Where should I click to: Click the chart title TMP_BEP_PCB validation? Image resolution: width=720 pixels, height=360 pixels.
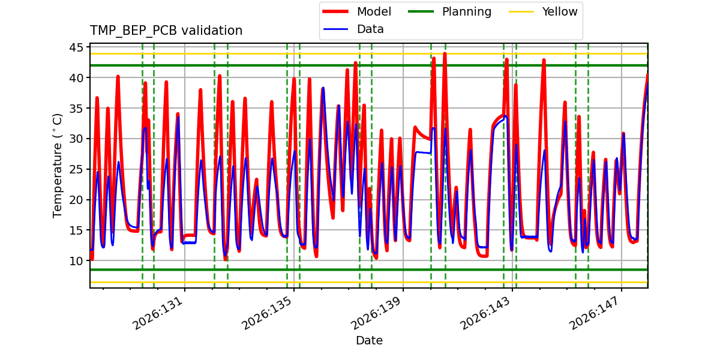tap(166, 31)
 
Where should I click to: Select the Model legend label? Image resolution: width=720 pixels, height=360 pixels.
tap(374, 11)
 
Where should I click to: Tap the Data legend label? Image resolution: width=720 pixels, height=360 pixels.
tap(370, 29)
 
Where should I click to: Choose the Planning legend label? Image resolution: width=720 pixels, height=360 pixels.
tap(467, 12)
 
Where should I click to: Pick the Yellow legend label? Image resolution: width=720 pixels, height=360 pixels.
tap(560, 11)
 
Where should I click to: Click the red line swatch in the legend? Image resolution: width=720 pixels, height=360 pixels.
tap(335, 11)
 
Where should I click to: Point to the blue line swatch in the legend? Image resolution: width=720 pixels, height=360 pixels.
tap(335, 29)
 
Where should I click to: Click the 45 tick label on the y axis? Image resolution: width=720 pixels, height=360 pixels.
tap(76, 47)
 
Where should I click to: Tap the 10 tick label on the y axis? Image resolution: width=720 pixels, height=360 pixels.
tap(76, 260)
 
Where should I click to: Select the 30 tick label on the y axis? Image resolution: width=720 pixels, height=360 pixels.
tap(76, 139)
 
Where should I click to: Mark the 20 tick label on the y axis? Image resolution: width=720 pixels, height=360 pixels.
tap(76, 200)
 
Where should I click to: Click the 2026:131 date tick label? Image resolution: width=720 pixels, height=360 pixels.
tap(158, 313)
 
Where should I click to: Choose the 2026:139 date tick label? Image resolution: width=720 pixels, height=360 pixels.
tap(376, 313)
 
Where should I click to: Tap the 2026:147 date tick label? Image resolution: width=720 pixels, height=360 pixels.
tap(595, 313)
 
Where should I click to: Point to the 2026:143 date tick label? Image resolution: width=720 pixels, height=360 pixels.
tap(485, 313)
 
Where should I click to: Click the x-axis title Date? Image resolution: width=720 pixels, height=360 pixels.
tap(369, 340)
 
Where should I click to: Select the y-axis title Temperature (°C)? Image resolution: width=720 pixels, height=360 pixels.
tap(57, 166)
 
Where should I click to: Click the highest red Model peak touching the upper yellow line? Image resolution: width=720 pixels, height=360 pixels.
tap(445, 53)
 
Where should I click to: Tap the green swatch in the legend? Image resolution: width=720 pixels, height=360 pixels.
tap(421, 11)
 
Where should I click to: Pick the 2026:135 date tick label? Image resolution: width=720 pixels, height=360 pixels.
tap(267, 313)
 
